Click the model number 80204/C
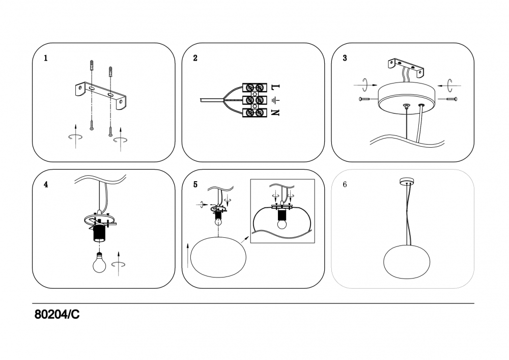click(x=57, y=314)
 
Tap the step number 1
click(x=46, y=58)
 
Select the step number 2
click(x=195, y=58)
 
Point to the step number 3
click(x=345, y=58)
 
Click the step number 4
click(x=46, y=184)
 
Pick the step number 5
click(x=195, y=184)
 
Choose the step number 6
click(x=345, y=184)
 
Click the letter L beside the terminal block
click(x=275, y=87)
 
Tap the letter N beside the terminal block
click(x=275, y=113)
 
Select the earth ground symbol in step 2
click(x=275, y=100)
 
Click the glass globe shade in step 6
click(x=407, y=262)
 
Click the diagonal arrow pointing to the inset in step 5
click(x=244, y=240)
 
